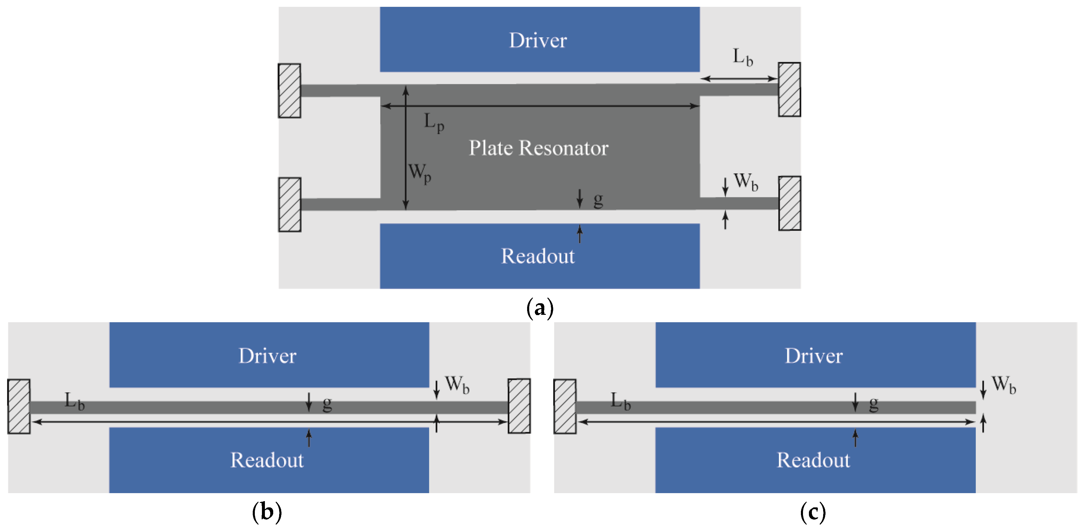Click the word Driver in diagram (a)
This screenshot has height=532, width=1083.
[538, 40]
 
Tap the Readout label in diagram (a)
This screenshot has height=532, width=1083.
[538, 256]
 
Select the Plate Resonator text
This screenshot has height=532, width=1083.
[539, 148]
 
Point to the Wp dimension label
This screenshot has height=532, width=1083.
[420, 173]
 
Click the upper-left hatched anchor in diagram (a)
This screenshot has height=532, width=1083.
[289, 90]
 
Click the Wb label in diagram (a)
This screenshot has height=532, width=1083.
[746, 182]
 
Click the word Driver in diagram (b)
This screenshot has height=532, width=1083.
[267, 356]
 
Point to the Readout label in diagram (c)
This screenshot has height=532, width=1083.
[813, 460]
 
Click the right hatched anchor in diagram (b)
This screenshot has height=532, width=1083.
[519, 406]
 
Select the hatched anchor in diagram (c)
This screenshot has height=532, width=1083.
[565, 406]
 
